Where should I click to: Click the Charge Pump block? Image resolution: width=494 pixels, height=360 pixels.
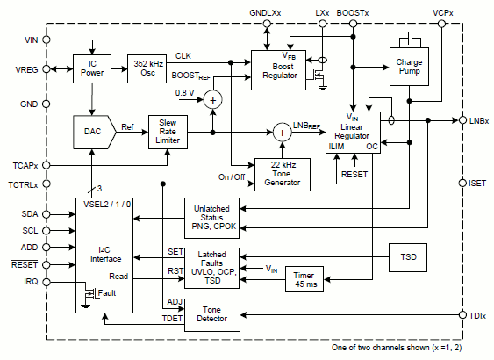[x=409, y=67]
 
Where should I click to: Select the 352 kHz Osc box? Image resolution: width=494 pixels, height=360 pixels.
[x=147, y=68]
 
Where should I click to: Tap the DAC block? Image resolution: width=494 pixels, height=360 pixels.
[x=95, y=132]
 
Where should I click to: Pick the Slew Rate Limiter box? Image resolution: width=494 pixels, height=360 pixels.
[x=168, y=132]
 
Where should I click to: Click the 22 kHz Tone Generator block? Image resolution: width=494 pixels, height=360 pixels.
[x=283, y=175]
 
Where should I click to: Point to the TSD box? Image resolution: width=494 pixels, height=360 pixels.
[x=408, y=257]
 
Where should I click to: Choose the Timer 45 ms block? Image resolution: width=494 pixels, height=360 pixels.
[x=304, y=278]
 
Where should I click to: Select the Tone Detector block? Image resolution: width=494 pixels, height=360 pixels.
[x=212, y=315]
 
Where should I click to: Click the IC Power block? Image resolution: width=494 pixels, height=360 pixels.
[x=92, y=68]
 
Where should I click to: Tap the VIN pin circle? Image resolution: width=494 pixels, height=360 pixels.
[x=47, y=40]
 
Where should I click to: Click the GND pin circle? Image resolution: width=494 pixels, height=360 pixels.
[x=47, y=104]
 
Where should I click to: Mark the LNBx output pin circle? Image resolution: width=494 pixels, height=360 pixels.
[x=462, y=120]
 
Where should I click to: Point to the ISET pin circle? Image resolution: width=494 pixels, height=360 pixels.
[x=462, y=183]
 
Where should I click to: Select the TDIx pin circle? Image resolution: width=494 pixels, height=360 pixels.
[x=462, y=314]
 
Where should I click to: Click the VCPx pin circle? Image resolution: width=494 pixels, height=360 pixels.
[x=441, y=24]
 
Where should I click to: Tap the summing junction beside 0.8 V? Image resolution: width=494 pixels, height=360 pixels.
[x=213, y=100]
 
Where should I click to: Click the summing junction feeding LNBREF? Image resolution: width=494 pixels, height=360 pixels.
[x=283, y=133]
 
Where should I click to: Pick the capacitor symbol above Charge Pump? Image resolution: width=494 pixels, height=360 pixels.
[x=410, y=39]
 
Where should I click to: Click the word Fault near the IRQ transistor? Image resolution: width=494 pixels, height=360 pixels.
[x=107, y=293]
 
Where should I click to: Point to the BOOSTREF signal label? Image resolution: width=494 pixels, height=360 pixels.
[x=191, y=76]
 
